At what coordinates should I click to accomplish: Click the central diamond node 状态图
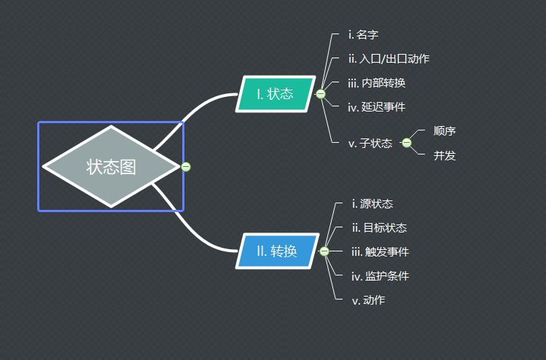[x=111, y=166]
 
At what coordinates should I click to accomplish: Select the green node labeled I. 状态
[x=276, y=94]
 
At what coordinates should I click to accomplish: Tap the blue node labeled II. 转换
[x=278, y=251]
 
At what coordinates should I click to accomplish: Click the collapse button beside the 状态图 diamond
[x=186, y=167]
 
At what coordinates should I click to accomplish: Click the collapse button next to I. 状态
[x=321, y=94]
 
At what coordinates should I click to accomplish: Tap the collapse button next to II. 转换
[x=324, y=251]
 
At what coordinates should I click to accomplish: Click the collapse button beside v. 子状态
[x=406, y=143]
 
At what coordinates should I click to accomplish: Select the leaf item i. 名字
[x=363, y=34]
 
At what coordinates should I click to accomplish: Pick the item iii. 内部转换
[x=377, y=82]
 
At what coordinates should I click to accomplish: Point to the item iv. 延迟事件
[x=377, y=106]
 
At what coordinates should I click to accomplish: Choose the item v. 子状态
[x=370, y=143]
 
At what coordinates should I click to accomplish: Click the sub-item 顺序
[x=445, y=131]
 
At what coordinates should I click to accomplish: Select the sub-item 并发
[x=445, y=155]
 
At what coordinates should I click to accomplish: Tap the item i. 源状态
[x=373, y=203]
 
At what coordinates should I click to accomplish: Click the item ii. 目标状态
[x=379, y=227]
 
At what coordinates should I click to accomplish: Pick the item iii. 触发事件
[x=380, y=251]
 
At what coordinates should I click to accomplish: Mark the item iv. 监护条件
[x=380, y=276]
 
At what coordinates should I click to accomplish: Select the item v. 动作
[x=369, y=300]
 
